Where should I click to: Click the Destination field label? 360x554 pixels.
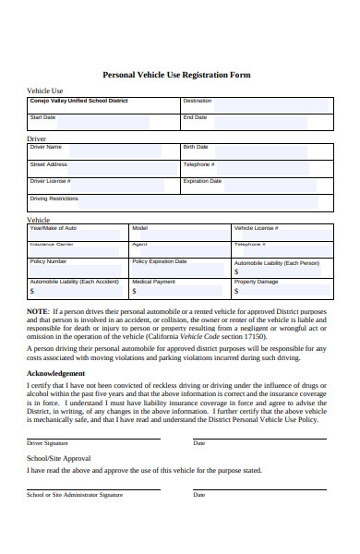click(x=198, y=101)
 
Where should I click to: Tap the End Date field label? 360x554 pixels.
click(x=195, y=117)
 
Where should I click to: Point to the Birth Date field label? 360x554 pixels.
click(x=196, y=147)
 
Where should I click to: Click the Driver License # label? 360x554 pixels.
click(x=51, y=181)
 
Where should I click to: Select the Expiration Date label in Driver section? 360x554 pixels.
click(x=203, y=181)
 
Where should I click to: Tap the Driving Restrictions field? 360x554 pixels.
click(x=175, y=203)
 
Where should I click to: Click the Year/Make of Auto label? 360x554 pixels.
click(x=54, y=227)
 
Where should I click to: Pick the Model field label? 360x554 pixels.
click(x=140, y=227)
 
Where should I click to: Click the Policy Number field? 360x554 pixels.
click(x=78, y=267)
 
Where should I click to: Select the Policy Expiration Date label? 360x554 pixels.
click(x=160, y=261)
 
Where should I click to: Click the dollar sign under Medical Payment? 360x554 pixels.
click(x=135, y=291)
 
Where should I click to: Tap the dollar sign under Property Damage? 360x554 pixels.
click(x=236, y=291)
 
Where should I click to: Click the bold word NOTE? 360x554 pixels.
click(x=38, y=312)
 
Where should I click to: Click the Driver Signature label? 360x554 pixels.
click(x=48, y=443)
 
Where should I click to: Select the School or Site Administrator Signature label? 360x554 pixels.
click(x=75, y=494)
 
